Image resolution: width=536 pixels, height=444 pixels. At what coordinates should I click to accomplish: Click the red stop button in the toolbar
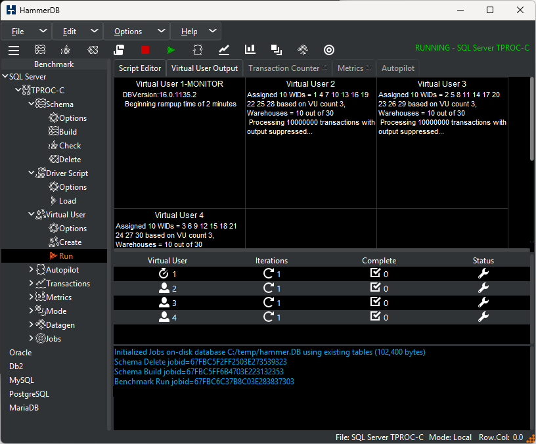[x=145, y=50]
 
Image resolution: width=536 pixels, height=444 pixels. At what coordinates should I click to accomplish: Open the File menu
[x=18, y=32]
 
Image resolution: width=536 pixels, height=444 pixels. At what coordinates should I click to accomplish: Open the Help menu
[x=189, y=32]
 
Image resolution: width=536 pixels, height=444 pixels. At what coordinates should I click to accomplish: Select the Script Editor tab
[x=140, y=68]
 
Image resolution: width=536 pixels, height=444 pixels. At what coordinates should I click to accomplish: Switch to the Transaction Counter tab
[x=284, y=68]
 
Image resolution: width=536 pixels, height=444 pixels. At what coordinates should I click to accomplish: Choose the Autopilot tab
[x=398, y=68]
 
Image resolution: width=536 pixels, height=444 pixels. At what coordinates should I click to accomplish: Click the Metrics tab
[x=350, y=68]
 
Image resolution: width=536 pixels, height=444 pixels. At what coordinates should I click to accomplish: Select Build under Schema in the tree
[x=68, y=131]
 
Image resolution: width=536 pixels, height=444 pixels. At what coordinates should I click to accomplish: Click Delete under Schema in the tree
[x=70, y=160]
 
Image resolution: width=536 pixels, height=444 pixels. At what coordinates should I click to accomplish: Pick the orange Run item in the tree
[x=66, y=256]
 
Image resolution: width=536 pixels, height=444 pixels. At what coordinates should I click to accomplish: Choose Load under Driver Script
[x=68, y=200]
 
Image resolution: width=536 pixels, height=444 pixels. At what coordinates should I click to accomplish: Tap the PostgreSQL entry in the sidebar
[x=29, y=394]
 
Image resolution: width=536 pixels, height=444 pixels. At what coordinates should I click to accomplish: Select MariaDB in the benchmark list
[x=24, y=407]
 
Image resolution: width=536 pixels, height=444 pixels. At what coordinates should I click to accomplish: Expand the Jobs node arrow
[x=31, y=338]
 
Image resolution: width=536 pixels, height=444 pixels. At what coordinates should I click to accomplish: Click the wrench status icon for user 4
[x=483, y=317]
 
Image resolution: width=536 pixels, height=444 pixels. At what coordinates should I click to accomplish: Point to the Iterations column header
[x=271, y=261]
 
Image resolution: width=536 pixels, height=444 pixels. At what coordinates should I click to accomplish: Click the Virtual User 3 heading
[x=441, y=83]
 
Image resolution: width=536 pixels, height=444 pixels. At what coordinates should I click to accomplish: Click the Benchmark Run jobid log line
[x=204, y=382]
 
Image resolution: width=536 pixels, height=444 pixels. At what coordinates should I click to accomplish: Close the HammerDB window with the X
[x=520, y=10]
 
